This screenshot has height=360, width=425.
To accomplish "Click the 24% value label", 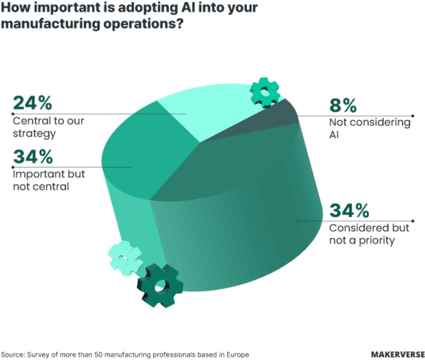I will pyautogui.click(x=32, y=103).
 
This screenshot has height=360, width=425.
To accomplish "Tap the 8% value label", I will pyautogui.click(x=343, y=105).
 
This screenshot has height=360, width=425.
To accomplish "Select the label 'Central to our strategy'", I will pyautogui.click(x=48, y=127).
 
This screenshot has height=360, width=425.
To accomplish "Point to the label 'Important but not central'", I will pyautogui.click(x=49, y=180).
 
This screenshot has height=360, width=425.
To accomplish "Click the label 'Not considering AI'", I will pyautogui.click(x=369, y=128).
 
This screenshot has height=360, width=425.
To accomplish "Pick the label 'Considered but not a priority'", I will pyautogui.click(x=369, y=234).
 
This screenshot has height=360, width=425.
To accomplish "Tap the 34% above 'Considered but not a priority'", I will pyautogui.click(x=349, y=211).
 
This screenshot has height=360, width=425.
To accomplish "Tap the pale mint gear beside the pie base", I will pyautogui.click(x=125, y=258).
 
